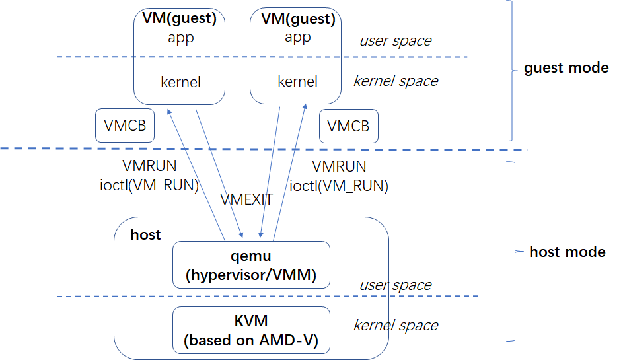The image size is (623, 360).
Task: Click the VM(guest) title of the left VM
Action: (x=180, y=18)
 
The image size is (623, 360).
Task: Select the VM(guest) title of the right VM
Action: (x=296, y=18)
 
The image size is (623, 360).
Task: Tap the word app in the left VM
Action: (x=180, y=38)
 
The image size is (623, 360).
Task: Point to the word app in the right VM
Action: (x=297, y=38)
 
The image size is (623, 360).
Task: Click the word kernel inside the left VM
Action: (x=180, y=83)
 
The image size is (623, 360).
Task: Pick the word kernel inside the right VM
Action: (x=297, y=82)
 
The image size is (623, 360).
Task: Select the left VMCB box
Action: (x=125, y=126)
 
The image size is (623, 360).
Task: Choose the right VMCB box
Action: (x=348, y=126)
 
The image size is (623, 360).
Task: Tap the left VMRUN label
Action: (x=147, y=167)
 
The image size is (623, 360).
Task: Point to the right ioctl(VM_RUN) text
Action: (x=339, y=186)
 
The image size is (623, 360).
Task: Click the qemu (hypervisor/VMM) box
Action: (x=250, y=265)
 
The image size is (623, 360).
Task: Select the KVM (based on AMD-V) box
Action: (x=250, y=331)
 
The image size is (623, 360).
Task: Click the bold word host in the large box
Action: (x=145, y=235)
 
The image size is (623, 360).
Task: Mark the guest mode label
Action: (x=566, y=68)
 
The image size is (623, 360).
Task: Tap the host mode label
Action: (x=567, y=252)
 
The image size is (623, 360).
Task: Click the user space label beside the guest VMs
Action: (x=395, y=41)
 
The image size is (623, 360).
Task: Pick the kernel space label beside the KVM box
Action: (x=396, y=325)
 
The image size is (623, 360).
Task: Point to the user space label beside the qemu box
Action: (x=395, y=285)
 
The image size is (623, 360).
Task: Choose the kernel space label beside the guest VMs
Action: (x=396, y=81)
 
